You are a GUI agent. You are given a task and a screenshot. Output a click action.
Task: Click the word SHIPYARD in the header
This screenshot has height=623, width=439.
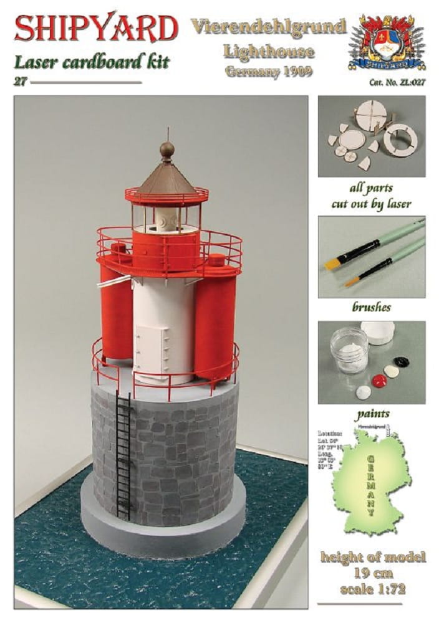(95, 28)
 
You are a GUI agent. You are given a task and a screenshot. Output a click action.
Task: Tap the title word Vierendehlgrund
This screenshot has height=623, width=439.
(268, 27)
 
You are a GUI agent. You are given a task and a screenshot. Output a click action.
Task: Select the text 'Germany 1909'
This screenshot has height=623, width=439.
(269, 70)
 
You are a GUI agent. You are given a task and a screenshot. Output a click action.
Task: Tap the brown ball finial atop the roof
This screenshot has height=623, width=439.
(167, 150)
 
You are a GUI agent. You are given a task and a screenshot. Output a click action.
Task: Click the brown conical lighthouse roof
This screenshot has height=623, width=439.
(166, 178)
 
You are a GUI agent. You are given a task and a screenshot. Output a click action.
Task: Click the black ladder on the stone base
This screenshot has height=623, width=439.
(123, 455)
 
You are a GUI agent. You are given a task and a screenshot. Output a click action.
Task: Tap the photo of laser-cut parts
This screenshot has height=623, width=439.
(372, 136)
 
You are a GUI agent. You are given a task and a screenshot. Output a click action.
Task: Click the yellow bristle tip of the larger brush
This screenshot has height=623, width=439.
(331, 264)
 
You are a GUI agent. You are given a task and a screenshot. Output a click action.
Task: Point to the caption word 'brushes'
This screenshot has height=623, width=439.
(372, 307)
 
